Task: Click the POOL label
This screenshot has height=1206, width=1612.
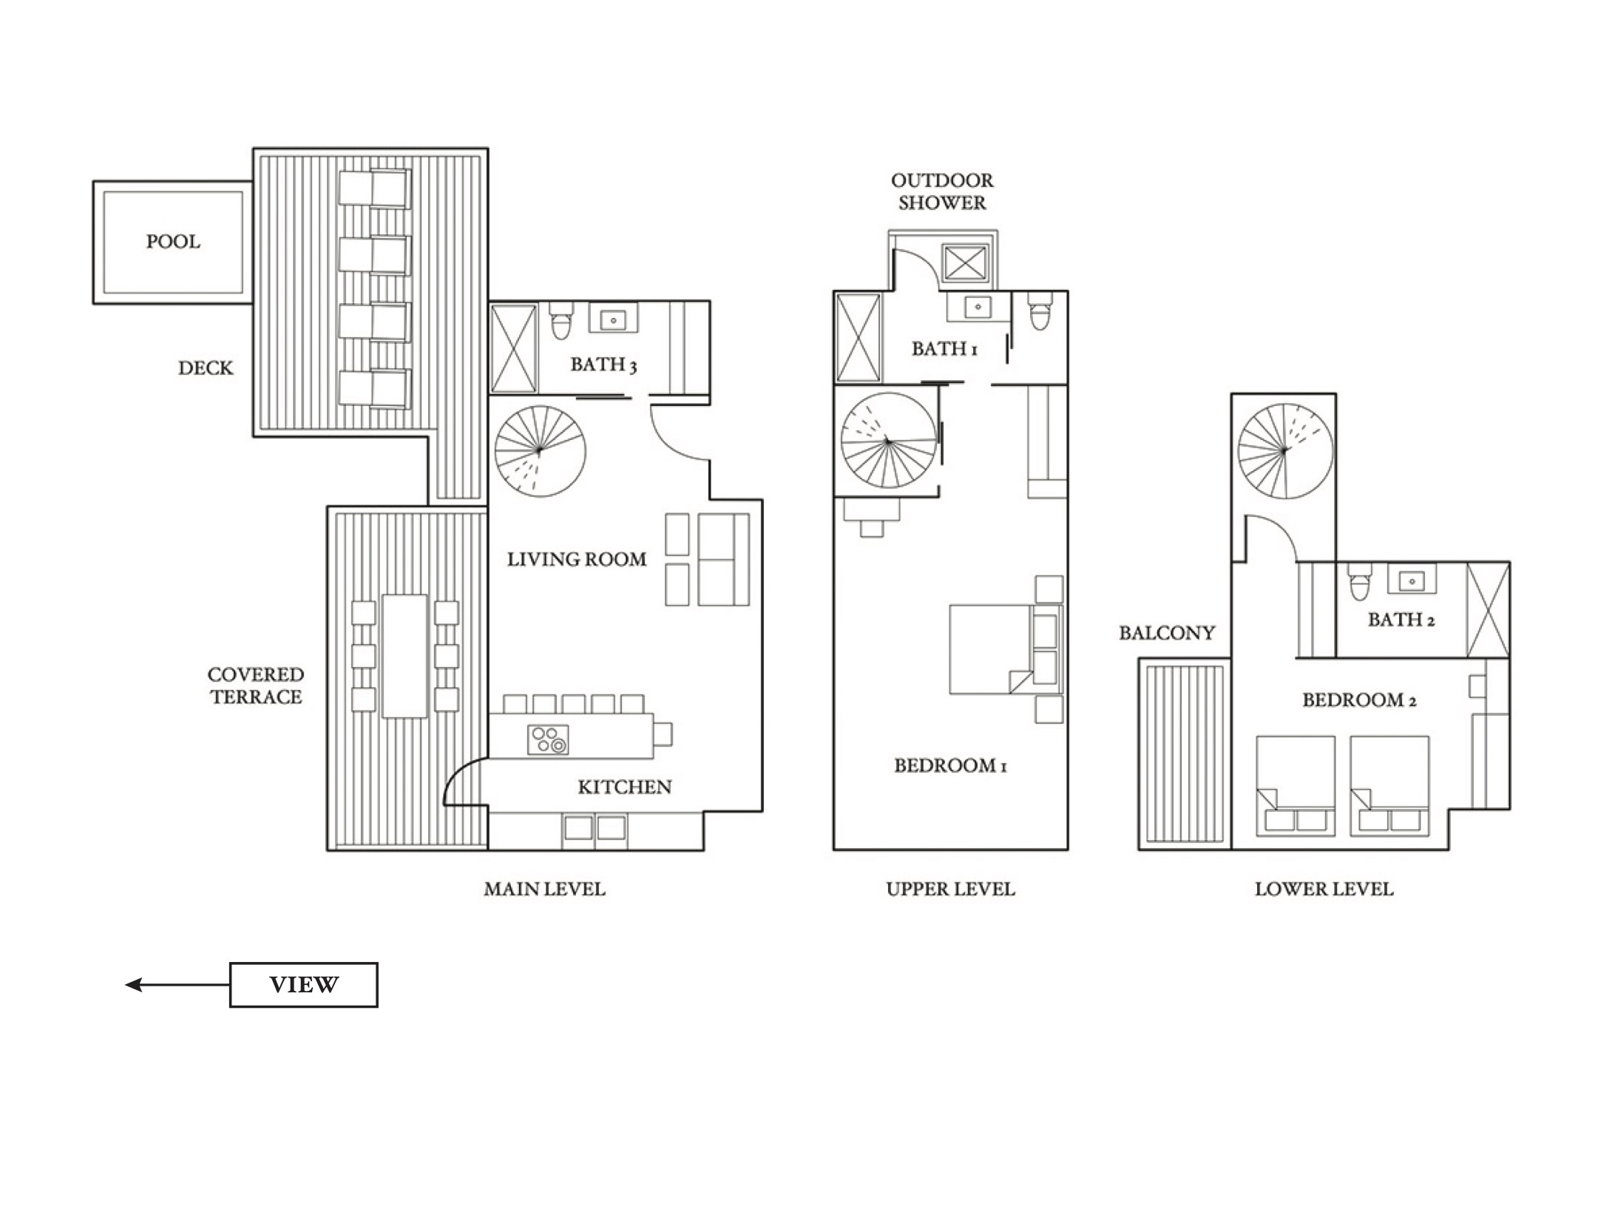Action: [173, 242]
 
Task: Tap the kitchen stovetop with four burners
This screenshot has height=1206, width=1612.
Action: [548, 739]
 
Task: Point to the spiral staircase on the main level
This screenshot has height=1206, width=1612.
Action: [541, 451]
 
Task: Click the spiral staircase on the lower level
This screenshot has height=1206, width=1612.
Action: [1285, 450]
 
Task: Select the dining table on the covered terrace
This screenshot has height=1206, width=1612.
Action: [404, 656]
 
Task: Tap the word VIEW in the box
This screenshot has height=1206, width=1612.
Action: [304, 984]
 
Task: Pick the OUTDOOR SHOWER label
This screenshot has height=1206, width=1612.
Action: [942, 192]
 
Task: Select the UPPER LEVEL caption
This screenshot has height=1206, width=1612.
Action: [950, 889]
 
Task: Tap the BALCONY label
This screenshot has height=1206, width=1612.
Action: [1167, 633]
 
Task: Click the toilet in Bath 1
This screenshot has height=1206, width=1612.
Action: [1040, 311]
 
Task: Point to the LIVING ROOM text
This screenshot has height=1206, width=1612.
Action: [577, 560]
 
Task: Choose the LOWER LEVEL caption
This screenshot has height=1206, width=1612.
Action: [1324, 889]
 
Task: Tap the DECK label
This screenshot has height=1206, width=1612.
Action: [206, 368]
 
